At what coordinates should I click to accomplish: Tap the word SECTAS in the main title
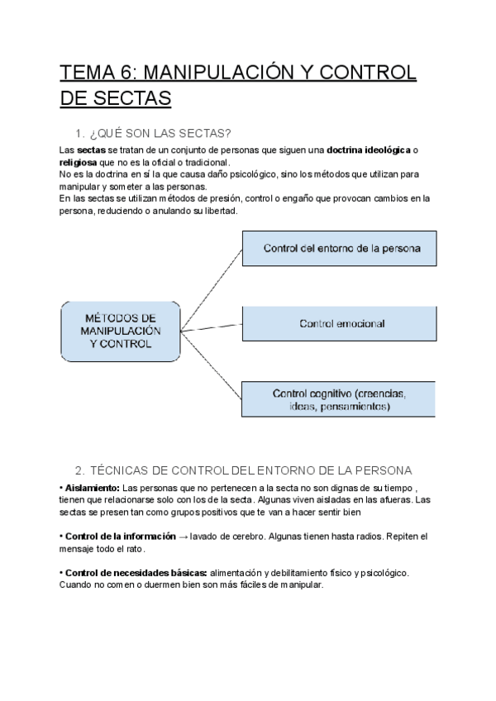click(131, 99)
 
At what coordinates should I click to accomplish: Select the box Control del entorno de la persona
click(338, 248)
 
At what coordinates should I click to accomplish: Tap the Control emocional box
click(338, 324)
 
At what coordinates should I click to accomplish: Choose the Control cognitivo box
click(338, 399)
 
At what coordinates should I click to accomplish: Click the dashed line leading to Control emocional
click(211, 326)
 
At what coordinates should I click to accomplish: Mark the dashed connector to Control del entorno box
click(211, 281)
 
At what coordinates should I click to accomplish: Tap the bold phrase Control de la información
click(115, 536)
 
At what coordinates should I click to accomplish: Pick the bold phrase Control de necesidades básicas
click(135, 573)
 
